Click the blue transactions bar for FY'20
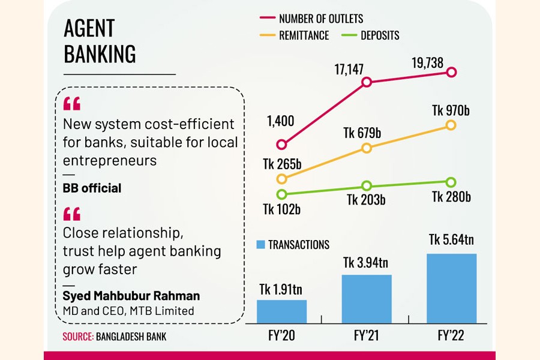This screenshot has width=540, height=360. tap(281, 311)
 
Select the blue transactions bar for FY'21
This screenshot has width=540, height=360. tap(367, 299)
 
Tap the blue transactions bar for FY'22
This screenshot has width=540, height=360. tap(452, 289)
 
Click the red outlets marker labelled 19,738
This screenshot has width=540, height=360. tap(452, 72)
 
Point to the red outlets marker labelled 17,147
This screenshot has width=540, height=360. tap(367, 82)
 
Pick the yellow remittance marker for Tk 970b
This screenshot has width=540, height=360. tap(452, 125)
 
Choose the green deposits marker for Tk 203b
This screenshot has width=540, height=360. tap(367, 186)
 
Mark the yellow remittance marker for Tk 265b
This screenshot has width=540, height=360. tap(281, 179)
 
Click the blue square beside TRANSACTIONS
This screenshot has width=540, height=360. tap(260, 244)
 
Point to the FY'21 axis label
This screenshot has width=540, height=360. tap(367, 336)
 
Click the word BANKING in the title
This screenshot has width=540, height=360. tap(100, 53)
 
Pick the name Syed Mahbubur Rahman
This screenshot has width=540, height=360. tap(131, 296)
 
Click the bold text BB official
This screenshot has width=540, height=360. tap(92, 188)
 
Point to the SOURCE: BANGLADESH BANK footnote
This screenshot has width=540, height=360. tap(115, 337)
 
